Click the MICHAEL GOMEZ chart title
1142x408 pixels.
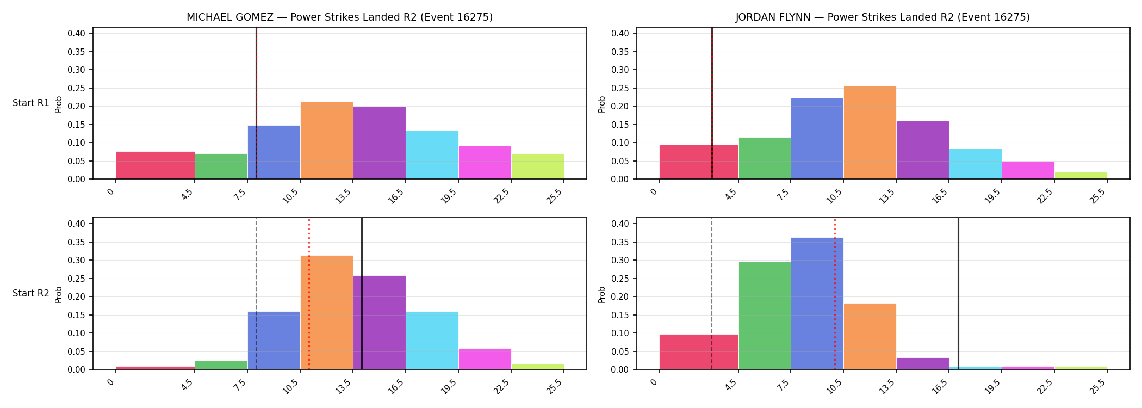(x=339, y=17)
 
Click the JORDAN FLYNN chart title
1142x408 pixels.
(x=883, y=17)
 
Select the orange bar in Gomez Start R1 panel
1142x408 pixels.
(x=327, y=140)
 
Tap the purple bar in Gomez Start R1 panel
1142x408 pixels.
(x=380, y=143)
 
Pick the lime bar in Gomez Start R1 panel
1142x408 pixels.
(x=538, y=166)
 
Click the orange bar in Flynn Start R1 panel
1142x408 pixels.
(x=870, y=133)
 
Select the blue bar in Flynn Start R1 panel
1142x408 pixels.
(x=817, y=139)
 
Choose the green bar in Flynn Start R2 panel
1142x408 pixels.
(x=765, y=316)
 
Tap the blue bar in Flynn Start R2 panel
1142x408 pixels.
(x=817, y=304)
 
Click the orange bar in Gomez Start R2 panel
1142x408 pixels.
(x=327, y=312)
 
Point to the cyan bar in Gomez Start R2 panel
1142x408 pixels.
(x=432, y=341)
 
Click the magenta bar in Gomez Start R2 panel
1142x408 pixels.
(x=485, y=359)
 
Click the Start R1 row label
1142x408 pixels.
(x=31, y=103)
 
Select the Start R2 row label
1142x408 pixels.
(x=31, y=293)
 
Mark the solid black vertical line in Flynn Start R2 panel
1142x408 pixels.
(x=958, y=294)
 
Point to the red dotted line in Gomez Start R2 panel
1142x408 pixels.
(x=309, y=294)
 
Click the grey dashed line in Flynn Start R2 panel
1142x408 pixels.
(x=712, y=294)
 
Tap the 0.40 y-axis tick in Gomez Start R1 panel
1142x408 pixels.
(x=76, y=34)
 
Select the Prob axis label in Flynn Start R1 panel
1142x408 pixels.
(x=602, y=104)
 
